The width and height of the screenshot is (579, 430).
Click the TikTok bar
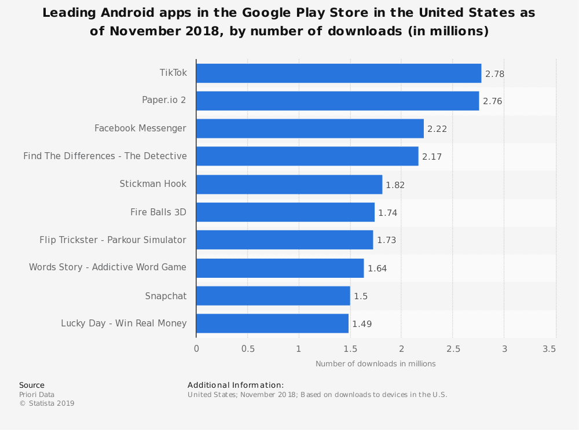[x=339, y=73]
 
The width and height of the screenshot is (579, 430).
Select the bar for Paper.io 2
[x=338, y=101]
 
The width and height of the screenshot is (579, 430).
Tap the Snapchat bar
[x=273, y=296]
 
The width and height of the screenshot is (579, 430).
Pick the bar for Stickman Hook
[x=289, y=185]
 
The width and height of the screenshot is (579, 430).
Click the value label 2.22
[x=437, y=129]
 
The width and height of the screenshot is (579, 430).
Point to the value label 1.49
[x=362, y=324]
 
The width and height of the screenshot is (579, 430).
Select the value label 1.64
[x=377, y=269]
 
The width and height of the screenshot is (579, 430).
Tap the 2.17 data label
[x=431, y=157]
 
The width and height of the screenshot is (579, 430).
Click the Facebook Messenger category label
[x=140, y=128]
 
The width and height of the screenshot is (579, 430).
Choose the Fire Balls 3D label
[x=158, y=212]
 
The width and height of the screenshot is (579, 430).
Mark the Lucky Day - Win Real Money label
[x=123, y=324]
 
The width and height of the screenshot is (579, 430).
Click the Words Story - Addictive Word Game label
[x=108, y=267]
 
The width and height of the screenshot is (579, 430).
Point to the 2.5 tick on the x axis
[x=453, y=349]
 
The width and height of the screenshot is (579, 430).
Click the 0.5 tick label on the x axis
[x=247, y=349]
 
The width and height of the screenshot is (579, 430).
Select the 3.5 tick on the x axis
[x=549, y=349]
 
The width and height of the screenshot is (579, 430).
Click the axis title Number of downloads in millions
[x=375, y=364]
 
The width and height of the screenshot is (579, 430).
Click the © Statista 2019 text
[x=47, y=403]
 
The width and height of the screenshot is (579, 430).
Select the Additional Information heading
[x=236, y=385]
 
